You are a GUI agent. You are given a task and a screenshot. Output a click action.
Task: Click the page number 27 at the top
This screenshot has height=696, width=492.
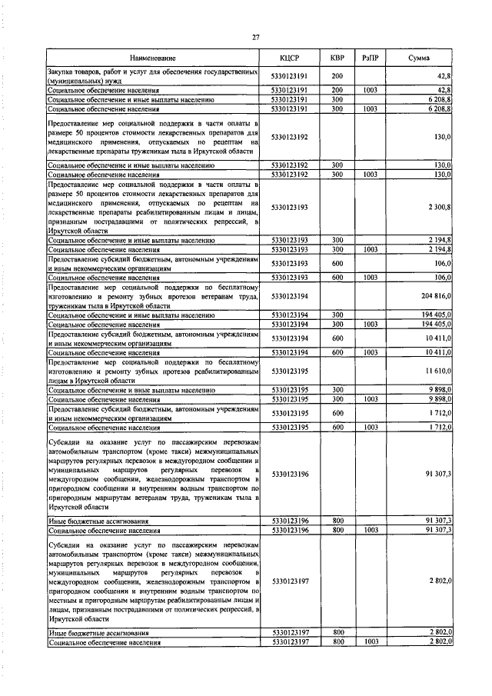point(256,37)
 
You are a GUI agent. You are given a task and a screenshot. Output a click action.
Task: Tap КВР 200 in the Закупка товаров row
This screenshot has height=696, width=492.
point(337,75)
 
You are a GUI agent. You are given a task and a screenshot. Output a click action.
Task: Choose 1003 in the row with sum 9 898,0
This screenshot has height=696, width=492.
point(370,400)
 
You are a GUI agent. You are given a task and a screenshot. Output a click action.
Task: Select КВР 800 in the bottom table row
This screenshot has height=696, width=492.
point(337,641)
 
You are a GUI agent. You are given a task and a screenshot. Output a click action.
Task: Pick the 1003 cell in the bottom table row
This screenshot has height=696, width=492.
point(370,641)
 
